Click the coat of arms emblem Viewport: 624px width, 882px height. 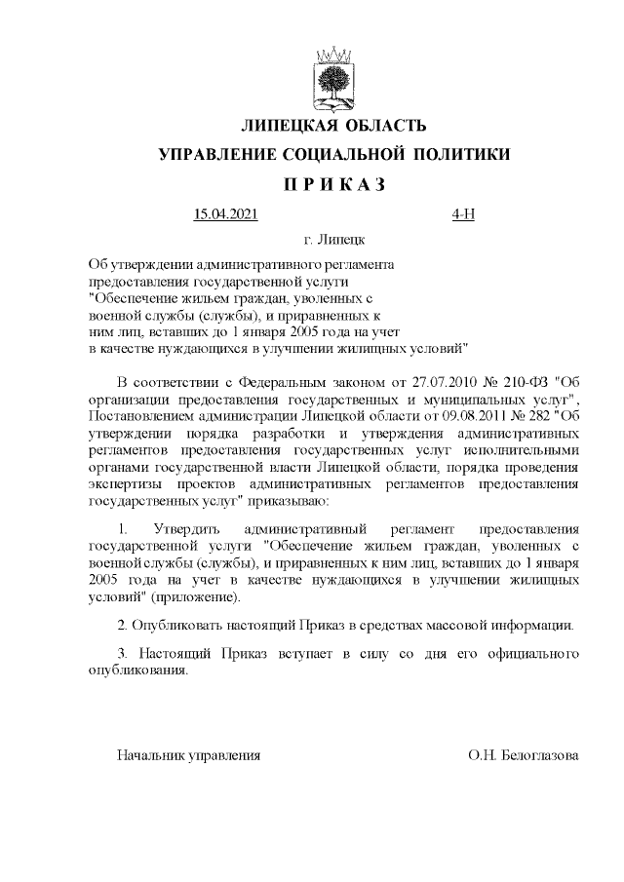(x=334, y=77)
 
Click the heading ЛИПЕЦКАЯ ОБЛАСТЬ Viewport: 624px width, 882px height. (x=334, y=126)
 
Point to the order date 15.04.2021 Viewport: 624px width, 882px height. (x=225, y=214)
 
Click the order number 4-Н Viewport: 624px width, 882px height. (x=463, y=214)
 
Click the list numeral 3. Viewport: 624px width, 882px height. (x=121, y=653)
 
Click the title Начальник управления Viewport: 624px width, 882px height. (x=188, y=755)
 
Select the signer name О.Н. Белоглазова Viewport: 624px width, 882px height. (x=524, y=755)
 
